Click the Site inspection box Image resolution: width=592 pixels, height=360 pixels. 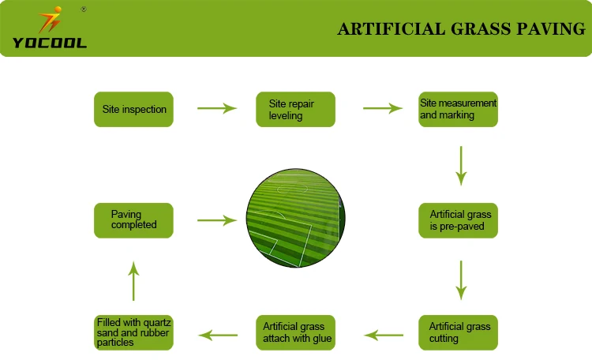coord(133,110)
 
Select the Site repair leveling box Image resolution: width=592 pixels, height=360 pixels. coord(295,110)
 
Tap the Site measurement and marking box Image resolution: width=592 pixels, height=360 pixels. coord(459,110)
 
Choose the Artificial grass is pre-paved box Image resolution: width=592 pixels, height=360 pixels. coord(459,220)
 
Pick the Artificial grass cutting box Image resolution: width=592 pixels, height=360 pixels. coord(459,332)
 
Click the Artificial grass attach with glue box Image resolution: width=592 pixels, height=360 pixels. coord(295,332)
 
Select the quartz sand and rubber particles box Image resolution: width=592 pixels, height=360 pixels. coord(133,332)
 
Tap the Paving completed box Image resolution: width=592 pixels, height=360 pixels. coord(133,220)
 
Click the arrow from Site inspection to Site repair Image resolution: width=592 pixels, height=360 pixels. coord(216,109)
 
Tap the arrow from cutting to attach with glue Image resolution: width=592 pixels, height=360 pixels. coord(378,335)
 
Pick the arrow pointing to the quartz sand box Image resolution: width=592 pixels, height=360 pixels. coord(216,335)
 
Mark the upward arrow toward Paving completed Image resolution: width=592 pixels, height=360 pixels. coord(133,279)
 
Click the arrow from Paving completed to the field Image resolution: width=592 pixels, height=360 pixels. coord(216,220)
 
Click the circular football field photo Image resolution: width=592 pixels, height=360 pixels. coord(295,218)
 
